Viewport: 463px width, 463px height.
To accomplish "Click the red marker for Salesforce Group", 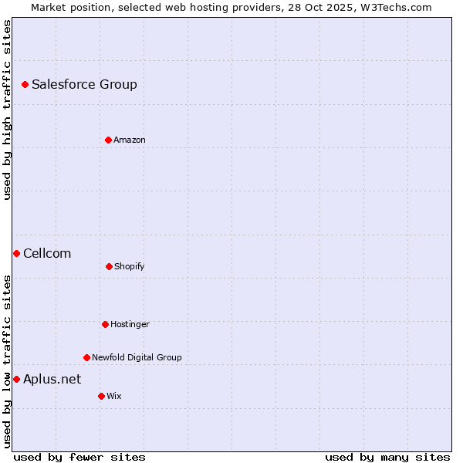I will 25,84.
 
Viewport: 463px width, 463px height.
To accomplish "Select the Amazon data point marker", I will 108,140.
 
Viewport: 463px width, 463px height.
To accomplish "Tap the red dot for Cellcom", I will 16,253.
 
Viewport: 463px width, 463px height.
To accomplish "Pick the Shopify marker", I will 109,266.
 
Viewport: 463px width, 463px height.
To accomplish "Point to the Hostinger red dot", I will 105,324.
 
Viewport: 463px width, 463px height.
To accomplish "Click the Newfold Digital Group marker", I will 86,357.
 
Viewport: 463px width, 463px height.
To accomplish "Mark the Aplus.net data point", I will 16,379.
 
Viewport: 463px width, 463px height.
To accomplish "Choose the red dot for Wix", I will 101,396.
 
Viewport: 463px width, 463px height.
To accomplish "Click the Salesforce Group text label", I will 84,84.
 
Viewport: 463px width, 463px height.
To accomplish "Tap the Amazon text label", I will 130,140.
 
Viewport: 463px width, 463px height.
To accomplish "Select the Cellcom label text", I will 47,253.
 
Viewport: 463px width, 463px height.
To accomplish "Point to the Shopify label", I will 130,266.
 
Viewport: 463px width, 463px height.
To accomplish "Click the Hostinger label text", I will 130,324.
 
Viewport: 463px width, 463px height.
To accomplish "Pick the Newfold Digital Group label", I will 137,357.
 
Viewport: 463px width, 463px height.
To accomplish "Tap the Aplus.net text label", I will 52,379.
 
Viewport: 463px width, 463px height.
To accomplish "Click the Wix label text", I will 114,396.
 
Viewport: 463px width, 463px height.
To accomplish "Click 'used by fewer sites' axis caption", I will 79,457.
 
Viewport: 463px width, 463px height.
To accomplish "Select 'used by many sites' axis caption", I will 387,457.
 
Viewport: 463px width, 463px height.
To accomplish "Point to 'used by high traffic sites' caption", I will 7,110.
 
